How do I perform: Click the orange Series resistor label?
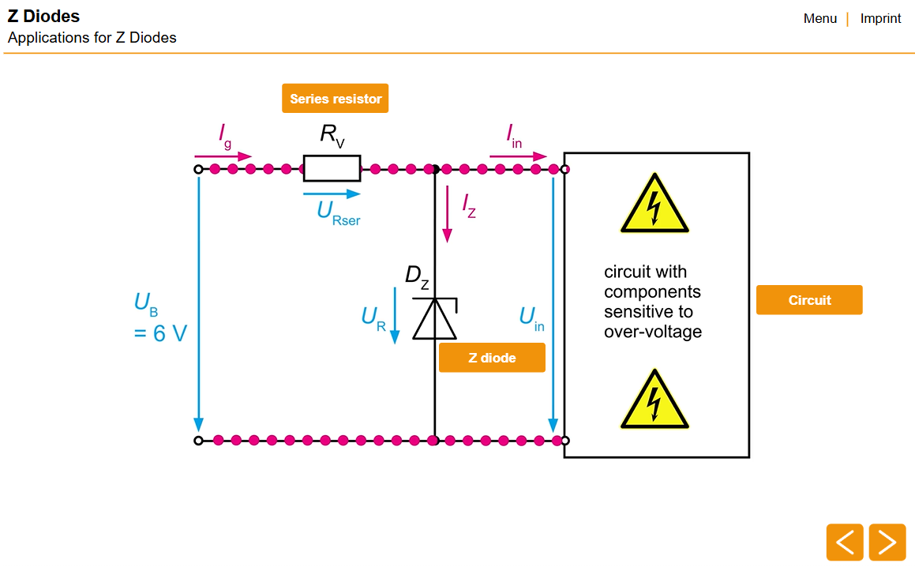(335, 99)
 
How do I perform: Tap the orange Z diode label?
(492, 358)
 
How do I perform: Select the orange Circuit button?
(809, 300)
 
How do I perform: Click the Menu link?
(819, 18)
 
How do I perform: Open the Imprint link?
(880, 18)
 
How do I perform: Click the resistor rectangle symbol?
(332, 168)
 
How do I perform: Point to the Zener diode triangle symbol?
(435, 319)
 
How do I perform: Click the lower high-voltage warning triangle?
(654, 401)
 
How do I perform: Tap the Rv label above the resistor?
(332, 135)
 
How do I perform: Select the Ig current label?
(225, 136)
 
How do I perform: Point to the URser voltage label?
(338, 212)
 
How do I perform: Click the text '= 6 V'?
(160, 333)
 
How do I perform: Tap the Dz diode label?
(417, 276)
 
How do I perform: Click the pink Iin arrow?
(518, 156)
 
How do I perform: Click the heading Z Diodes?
(43, 16)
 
